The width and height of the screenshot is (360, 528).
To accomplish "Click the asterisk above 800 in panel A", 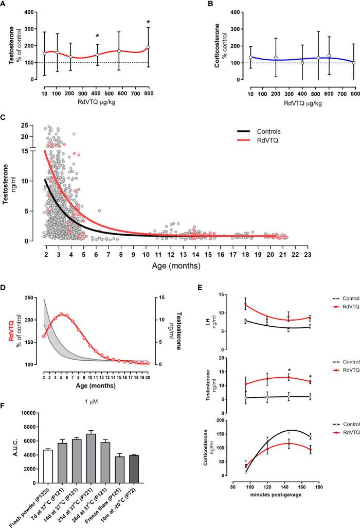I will point(148,22).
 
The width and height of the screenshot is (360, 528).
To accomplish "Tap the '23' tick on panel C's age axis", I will point(307,253).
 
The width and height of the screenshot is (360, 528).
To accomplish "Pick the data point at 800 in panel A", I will point(148,47).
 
